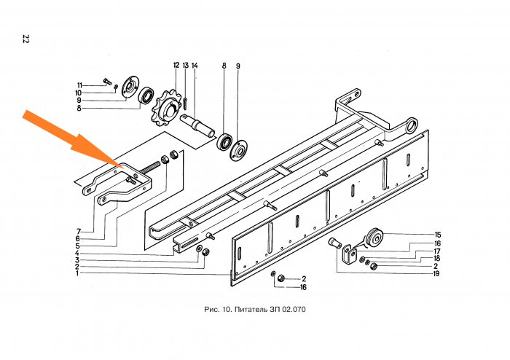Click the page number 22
pos(26,39)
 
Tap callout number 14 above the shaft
pos(195,66)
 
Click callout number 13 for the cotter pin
pos(185,66)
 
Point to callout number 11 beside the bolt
pos(79,85)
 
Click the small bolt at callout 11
pos(107,82)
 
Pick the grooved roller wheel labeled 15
pos(374,239)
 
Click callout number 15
pos(438,235)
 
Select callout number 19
pos(436,273)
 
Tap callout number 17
pos(437,251)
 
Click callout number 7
pos(79,232)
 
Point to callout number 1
pos(77,273)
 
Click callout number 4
pos(77,253)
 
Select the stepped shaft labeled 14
pos(197,126)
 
